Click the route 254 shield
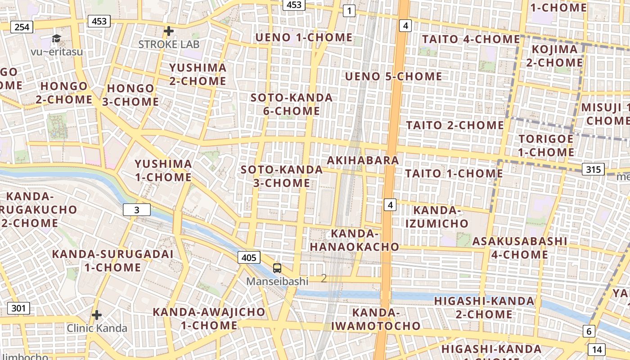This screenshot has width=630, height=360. coord(22,27)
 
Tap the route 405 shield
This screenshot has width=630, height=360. coord(248,257)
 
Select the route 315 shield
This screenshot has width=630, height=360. coord(593,169)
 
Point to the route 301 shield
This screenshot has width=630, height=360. coord(18,308)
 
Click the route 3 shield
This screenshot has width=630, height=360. coord(137,210)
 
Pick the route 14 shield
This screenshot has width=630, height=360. coord(597,349)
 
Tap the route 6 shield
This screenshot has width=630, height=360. coord(589,332)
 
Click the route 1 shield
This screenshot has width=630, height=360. coord(349,10)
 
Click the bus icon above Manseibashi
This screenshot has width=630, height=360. coord(277,268)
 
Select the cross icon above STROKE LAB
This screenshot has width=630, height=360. coord(169,31)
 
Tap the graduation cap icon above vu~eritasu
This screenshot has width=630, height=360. coord(56,38)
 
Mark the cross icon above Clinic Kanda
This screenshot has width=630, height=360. coord(97,315)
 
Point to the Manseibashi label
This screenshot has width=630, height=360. coord(277,282)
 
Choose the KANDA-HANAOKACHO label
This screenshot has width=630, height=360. coord(354,240)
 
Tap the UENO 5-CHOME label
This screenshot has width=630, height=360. coord(393,76)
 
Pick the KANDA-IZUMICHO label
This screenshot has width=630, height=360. coord(436,216)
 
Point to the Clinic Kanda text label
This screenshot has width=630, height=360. coord(97,328)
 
